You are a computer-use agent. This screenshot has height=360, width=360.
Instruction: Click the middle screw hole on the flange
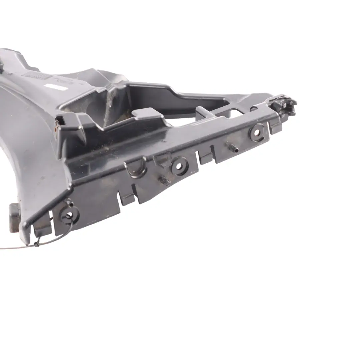(180, 166)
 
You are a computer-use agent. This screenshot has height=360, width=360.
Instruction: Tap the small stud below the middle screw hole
(164, 181)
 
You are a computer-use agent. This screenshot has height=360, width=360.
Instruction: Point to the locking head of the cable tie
(37, 245)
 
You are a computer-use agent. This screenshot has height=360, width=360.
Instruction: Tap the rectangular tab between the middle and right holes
(206, 158)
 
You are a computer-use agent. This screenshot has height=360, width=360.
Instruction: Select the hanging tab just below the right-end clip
(275, 128)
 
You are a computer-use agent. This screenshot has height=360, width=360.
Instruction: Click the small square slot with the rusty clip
(60, 123)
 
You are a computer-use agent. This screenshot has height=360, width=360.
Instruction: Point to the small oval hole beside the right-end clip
(254, 109)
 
